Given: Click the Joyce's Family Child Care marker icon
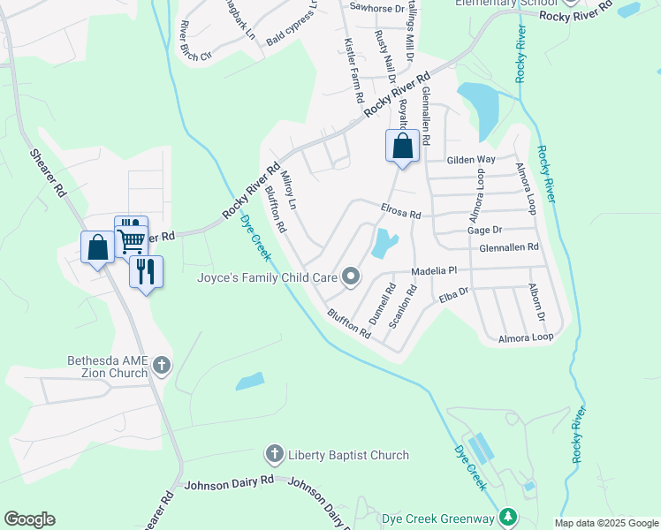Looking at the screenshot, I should coord(351,277).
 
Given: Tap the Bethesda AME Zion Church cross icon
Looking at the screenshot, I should coord(161,365).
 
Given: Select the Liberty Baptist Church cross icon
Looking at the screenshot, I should coord(274,455).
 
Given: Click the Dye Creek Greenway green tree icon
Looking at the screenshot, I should coord(507,516).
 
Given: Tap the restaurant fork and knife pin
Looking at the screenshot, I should coord(147,270).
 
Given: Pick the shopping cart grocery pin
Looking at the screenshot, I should coord(132,237).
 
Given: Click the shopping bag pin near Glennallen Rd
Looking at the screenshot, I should coord(402,146).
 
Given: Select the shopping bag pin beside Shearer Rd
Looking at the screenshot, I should coord(98,247).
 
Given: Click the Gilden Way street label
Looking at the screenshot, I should coord(471,160).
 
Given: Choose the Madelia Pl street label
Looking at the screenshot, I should coord(433,270).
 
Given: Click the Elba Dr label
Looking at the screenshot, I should coord(453,294).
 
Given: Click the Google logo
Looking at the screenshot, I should coord(29,519).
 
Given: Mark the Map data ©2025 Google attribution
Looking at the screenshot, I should coord(605,523).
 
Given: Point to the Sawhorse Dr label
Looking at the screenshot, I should coord(376,7).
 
